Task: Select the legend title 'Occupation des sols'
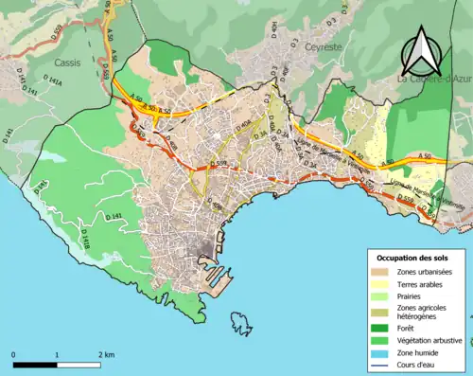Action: tap(412, 258)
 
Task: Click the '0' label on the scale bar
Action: tap(14, 355)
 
